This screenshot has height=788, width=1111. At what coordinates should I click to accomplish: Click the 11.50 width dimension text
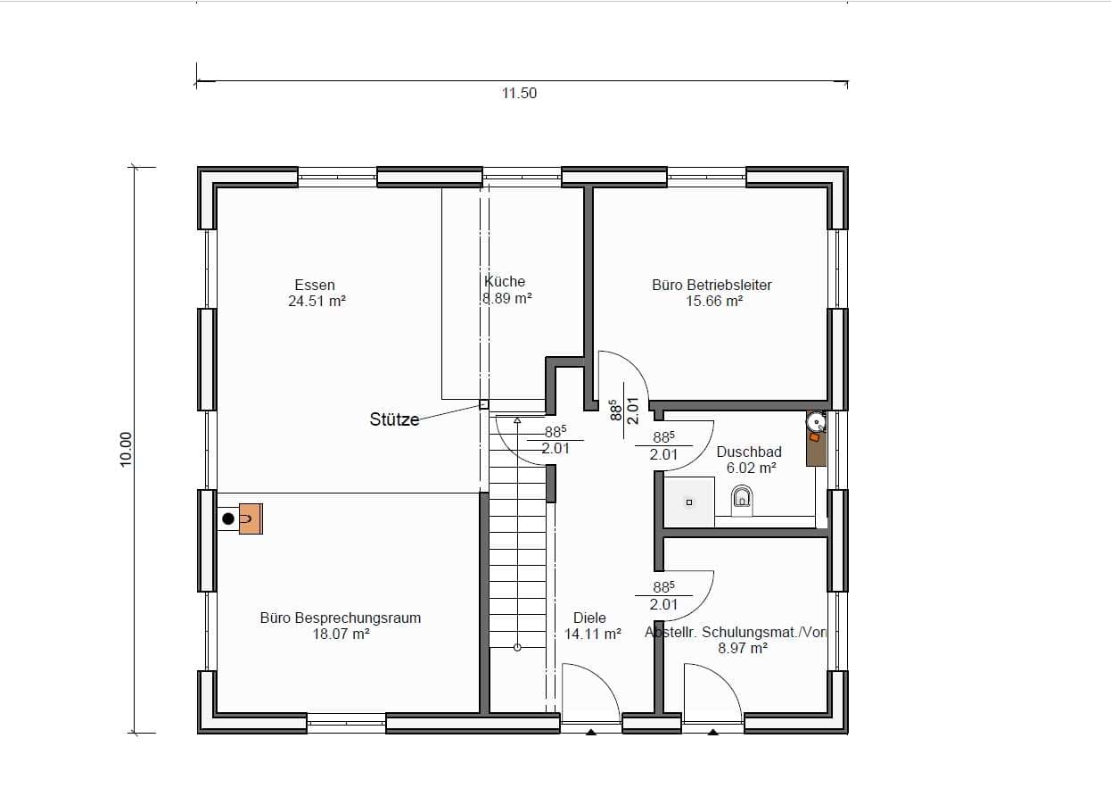coord(519,94)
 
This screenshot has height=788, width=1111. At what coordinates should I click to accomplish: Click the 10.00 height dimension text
coord(126,450)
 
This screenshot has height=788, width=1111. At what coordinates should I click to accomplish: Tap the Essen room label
coord(315,285)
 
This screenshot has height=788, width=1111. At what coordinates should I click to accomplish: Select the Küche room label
coord(505,281)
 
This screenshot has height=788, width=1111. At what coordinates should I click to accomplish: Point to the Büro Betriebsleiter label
coord(712,285)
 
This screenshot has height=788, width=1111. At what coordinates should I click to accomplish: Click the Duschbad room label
coord(749,452)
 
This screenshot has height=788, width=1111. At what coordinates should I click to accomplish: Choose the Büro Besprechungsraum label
coord(341,618)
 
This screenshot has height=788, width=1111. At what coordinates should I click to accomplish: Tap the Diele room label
coord(589,618)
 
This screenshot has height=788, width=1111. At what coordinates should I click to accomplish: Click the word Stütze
coord(394,419)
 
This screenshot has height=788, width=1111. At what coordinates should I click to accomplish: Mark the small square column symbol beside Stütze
coord(483,404)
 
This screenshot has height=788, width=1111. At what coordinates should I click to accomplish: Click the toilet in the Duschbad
coord(742,501)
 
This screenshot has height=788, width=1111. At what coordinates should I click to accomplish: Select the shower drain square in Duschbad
coord(689,502)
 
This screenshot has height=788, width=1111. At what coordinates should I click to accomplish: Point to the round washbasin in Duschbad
coord(816,422)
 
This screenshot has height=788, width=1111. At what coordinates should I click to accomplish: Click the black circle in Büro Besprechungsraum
coord(228,518)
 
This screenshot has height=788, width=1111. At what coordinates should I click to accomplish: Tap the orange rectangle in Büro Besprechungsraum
coord(251,518)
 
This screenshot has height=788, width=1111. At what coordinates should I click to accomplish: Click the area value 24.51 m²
coord(317,301)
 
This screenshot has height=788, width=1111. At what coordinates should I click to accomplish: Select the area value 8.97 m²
coord(743,648)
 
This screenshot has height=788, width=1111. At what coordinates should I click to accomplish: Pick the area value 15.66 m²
coord(714,301)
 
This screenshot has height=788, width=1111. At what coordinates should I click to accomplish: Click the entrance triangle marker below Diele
coord(590,732)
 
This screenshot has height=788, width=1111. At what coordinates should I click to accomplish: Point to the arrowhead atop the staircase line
coord(517,420)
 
